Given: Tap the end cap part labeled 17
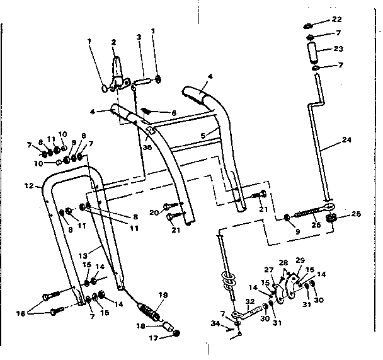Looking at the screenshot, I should click(177, 334).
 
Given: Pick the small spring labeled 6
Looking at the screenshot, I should click(146, 110).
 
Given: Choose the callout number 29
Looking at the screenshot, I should click(300, 260).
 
